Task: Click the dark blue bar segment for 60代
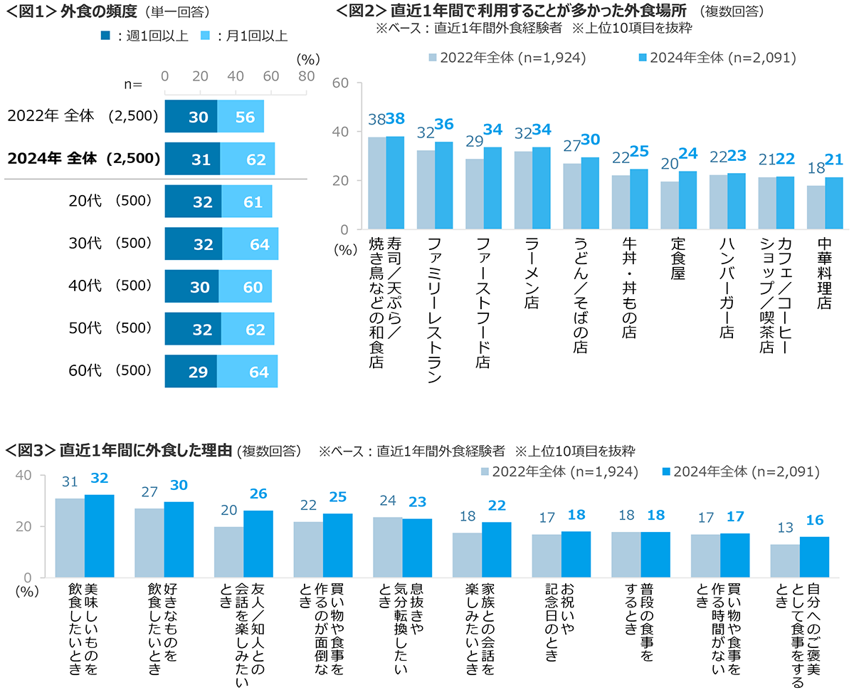(191, 372)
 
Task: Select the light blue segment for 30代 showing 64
(250, 244)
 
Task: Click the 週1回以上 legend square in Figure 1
(105, 35)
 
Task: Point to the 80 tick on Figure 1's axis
(306, 77)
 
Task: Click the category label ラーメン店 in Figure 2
(531, 273)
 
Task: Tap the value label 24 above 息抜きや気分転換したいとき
(387, 501)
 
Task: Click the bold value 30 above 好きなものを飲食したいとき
(179, 485)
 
